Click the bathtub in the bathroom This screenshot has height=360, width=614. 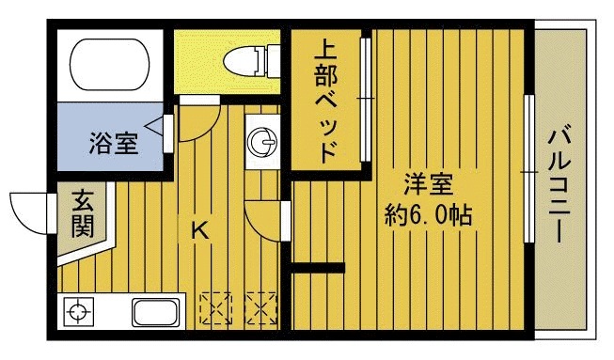tap(110, 65)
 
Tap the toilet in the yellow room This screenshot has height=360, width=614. tap(252, 61)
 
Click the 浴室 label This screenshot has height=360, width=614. tap(114, 144)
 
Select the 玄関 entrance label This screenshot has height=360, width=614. tap(83, 213)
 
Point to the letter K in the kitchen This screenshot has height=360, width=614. tap(199, 230)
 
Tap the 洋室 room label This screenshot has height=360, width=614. tap(429, 184)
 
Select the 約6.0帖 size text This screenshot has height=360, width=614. tap(428, 214)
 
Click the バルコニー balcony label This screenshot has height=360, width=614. tap(559, 183)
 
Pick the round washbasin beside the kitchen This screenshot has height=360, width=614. tap(262, 141)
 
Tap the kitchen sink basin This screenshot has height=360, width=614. tap(156, 312)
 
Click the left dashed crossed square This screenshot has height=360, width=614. tap(215, 308)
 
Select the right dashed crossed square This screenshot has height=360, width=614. tap(260, 308)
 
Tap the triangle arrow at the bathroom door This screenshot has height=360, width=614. tap(154, 126)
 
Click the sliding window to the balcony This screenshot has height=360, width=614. tap(528, 169)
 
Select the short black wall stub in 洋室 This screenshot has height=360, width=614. tap(318, 268)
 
